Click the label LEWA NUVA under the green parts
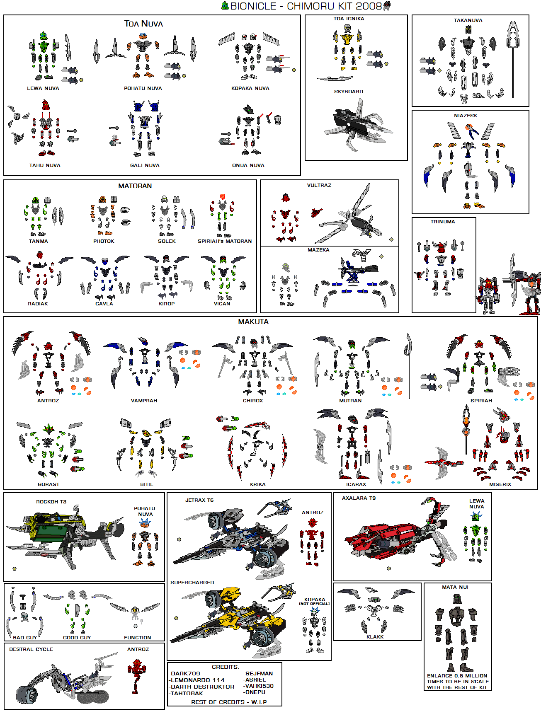click(x=43, y=88)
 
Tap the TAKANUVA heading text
click(x=468, y=20)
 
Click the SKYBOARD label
click(x=348, y=92)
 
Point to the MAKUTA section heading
click(x=253, y=322)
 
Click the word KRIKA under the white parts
click(x=257, y=484)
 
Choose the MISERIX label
click(x=500, y=484)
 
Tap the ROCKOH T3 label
click(x=51, y=502)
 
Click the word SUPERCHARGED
click(x=192, y=583)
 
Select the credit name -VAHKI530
click(x=258, y=686)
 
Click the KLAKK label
click(x=375, y=637)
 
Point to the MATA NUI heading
click(x=455, y=587)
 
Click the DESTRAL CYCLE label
click(x=31, y=649)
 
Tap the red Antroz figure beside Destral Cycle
click(x=136, y=673)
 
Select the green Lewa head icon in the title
click(x=225, y=6)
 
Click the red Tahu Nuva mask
click(x=46, y=105)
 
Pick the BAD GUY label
click(x=24, y=638)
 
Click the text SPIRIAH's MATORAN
click(x=224, y=241)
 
